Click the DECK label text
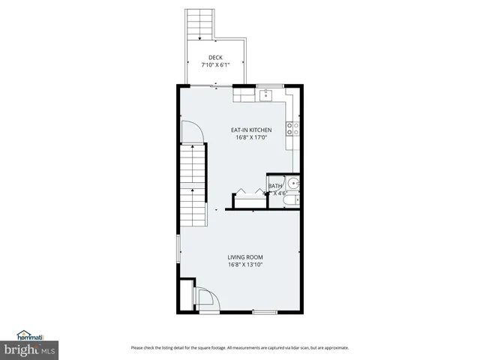click(x=215, y=58)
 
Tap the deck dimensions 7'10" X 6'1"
click(x=215, y=65)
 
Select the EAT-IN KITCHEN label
click(x=250, y=130)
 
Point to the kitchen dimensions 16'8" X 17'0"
click(x=250, y=137)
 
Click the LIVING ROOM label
click(x=245, y=257)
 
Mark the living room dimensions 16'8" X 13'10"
click(x=245, y=265)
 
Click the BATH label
click(x=275, y=186)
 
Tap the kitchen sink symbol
click(x=268, y=95)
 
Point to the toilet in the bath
click(x=295, y=199)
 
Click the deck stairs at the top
click(x=199, y=25)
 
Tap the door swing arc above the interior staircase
click(x=193, y=131)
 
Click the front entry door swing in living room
click(x=206, y=298)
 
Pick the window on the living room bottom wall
click(x=263, y=311)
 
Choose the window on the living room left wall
click(x=178, y=247)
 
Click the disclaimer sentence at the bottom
click(x=239, y=347)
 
